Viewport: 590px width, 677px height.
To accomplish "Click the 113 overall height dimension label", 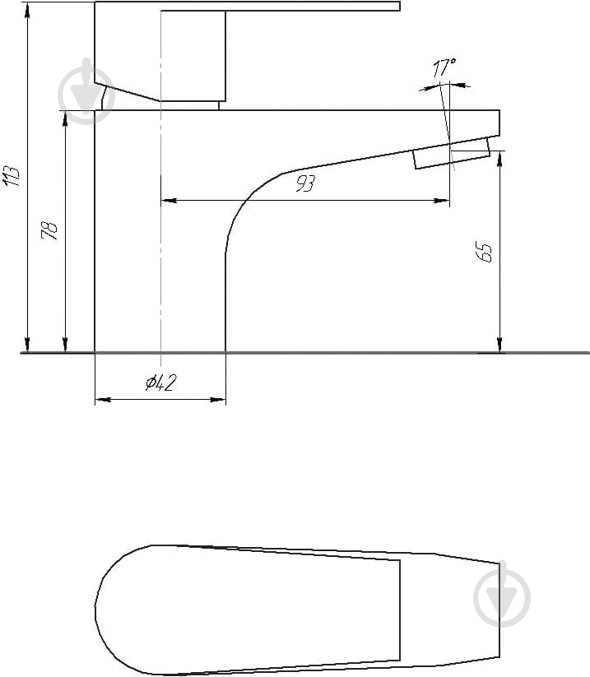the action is [x=12, y=176].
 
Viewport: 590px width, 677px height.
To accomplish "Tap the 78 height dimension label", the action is [x=49, y=230].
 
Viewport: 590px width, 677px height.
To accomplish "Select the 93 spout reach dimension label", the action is [x=305, y=183].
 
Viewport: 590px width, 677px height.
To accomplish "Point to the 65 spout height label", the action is [x=484, y=252].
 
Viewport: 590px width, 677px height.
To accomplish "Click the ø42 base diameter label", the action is [x=160, y=383].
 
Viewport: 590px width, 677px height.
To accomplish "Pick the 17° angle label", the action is [x=444, y=67].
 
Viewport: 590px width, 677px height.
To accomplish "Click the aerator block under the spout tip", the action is [x=452, y=153].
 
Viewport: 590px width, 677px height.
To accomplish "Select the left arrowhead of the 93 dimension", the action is [x=169, y=201].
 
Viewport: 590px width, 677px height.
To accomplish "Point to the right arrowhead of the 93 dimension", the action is [x=442, y=201].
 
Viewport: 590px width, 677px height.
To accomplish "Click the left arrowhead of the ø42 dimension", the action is [x=103, y=400].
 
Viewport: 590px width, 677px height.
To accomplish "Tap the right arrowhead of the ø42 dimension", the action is [x=218, y=400].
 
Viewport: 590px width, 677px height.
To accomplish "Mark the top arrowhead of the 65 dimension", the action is [x=499, y=159].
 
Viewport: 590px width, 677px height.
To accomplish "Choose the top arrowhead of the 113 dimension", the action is [x=27, y=10].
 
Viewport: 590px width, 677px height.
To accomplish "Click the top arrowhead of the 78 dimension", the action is [x=65, y=118].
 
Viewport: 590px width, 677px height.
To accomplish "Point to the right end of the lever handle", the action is [x=400, y=6].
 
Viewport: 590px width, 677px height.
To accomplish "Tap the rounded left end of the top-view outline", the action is [x=96, y=611].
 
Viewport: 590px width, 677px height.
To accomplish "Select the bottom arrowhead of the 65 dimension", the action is [x=499, y=345].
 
